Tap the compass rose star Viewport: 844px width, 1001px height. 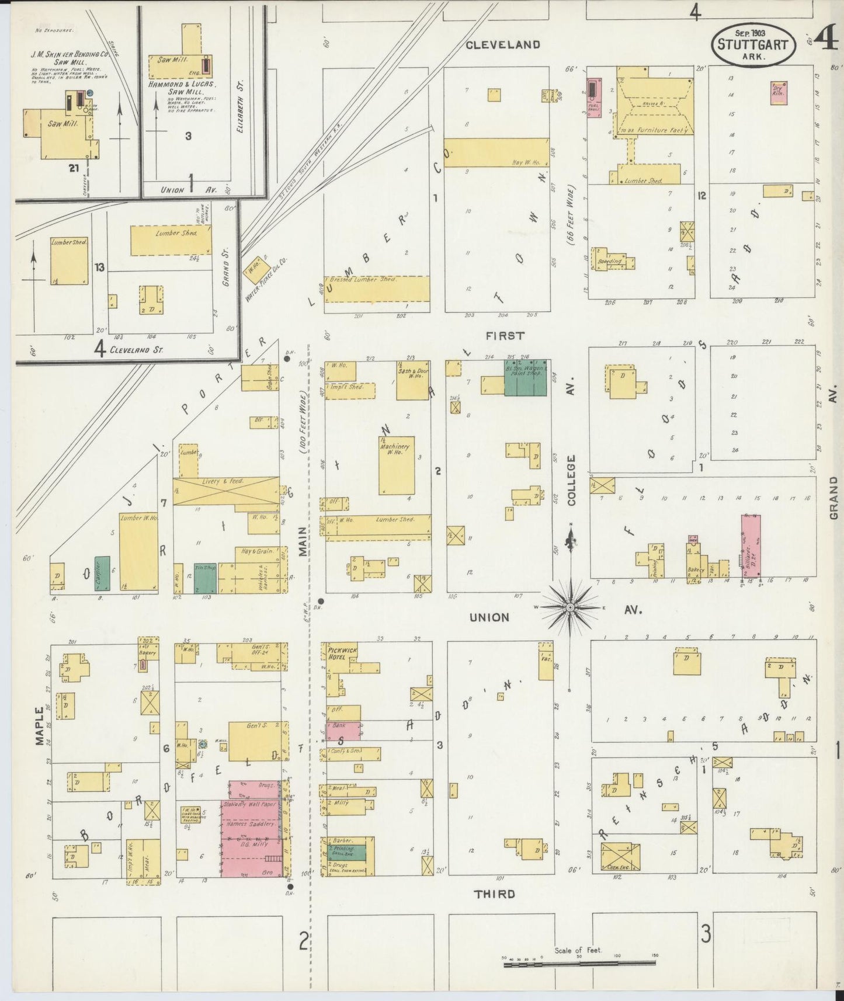tap(569, 608)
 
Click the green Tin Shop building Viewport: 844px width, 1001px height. tap(205, 578)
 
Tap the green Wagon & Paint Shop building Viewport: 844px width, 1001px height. tap(526, 378)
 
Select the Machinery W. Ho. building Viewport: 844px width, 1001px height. tap(397, 465)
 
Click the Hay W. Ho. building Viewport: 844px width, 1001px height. tap(496, 153)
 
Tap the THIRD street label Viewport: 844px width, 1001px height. tap(494, 894)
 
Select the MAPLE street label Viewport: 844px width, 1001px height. tap(40, 726)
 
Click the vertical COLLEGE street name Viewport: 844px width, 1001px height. tap(571, 480)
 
